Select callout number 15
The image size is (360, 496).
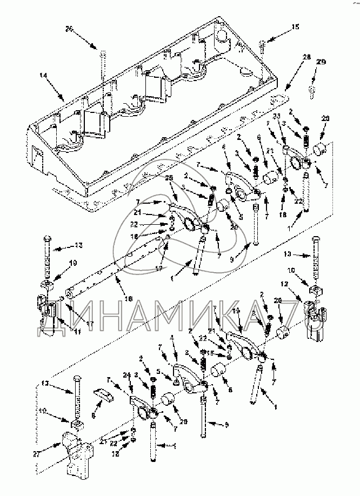tap(294, 26)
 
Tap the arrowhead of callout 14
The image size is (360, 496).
tap(64, 99)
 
